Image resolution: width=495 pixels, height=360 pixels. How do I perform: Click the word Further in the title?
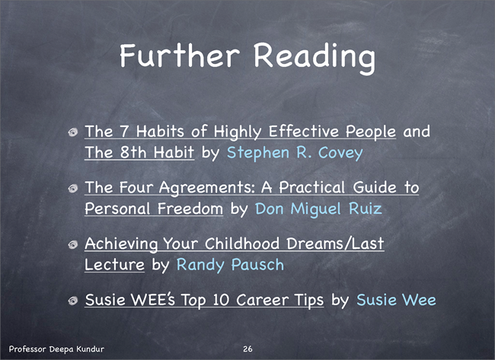tap(180, 56)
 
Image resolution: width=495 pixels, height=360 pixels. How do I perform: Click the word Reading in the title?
tap(315, 58)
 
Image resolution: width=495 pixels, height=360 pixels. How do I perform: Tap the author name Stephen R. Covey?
tap(295, 153)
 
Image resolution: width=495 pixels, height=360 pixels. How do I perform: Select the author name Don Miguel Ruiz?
tap(318, 209)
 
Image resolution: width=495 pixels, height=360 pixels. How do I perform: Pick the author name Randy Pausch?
tap(230, 265)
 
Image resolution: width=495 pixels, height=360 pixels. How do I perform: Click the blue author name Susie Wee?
tap(396, 299)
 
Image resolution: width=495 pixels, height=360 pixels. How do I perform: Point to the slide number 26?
tap(247, 349)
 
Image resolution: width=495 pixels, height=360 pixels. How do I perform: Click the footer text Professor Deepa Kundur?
tap(56, 349)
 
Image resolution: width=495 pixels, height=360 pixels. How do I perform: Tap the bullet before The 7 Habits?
tap(73, 132)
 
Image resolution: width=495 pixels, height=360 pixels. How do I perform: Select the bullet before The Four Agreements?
tap(73, 188)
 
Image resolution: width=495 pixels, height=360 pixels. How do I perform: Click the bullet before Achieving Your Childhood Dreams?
tap(73, 244)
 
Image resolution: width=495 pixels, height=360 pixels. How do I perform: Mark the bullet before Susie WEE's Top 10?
tap(73, 301)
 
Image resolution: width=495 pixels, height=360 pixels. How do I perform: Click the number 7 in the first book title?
tap(124, 131)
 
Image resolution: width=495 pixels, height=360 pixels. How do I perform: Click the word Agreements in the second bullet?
tap(207, 188)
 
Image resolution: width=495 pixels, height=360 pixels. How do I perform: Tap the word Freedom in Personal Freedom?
tap(190, 209)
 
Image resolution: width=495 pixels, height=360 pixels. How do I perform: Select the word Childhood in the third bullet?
tap(242, 244)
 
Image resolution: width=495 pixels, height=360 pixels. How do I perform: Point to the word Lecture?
tap(114, 265)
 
